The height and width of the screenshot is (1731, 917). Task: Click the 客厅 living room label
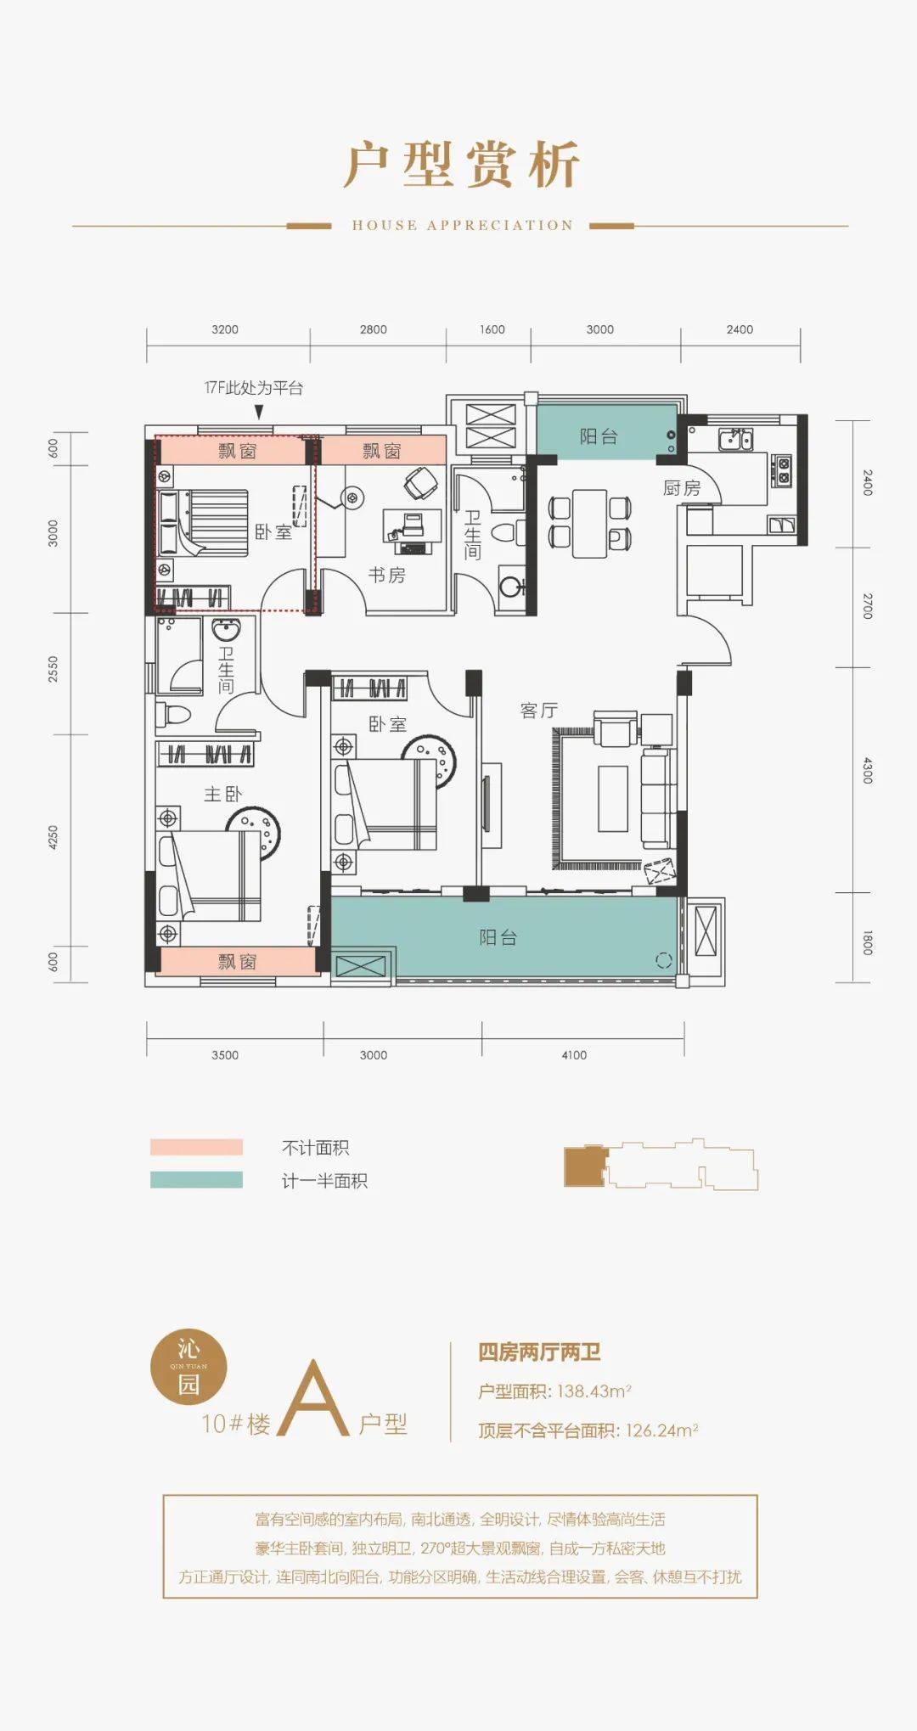(539, 710)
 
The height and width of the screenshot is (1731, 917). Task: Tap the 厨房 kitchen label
(682, 488)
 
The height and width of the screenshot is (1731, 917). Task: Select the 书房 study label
(386, 575)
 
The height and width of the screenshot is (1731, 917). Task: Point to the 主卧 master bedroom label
(222, 794)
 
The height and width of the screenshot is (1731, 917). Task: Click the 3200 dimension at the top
(225, 329)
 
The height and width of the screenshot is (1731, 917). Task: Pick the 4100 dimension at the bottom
(574, 1055)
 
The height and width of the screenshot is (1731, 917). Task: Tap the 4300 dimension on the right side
(867, 772)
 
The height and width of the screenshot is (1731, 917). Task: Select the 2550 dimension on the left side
(53, 669)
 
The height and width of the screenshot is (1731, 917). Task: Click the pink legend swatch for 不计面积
(196, 1147)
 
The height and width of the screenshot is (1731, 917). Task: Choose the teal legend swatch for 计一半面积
(196, 1180)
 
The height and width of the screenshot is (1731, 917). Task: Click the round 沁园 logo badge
(188, 1366)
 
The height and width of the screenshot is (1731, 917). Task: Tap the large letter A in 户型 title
(313, 1398)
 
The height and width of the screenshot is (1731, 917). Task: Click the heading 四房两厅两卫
(539, 1352)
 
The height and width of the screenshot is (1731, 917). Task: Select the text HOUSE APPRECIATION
(463, 225)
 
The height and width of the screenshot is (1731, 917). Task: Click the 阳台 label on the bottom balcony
(498, 937)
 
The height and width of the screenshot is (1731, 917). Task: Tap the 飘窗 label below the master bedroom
(237, 961)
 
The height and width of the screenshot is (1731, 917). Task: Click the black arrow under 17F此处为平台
(259, 412)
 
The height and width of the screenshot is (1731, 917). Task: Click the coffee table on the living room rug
(613, 798)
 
